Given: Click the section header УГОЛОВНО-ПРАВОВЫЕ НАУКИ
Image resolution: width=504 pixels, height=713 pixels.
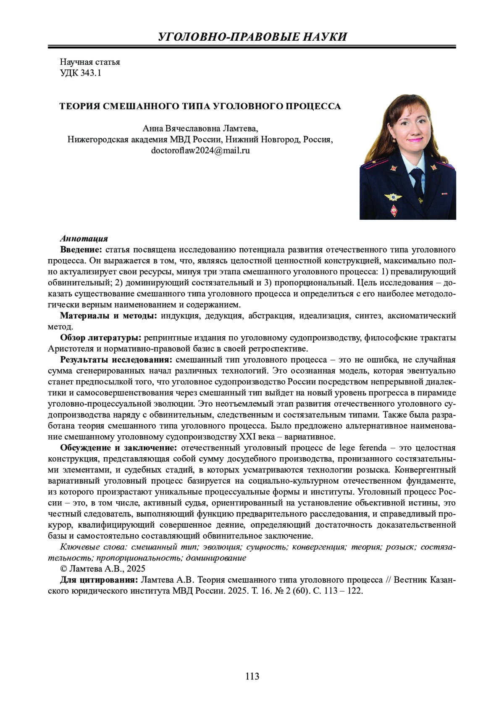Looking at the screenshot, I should tap(252, 37).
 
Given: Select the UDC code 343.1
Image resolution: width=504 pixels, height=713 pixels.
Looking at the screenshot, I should tap(81, 73).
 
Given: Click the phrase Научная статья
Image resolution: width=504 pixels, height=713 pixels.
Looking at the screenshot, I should tap(90, 62).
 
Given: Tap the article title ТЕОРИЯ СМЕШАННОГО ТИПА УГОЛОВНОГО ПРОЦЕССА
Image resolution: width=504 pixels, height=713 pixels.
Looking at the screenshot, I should tap(200, 106).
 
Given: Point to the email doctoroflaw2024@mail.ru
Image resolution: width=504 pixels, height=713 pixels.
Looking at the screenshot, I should tap(200, 150).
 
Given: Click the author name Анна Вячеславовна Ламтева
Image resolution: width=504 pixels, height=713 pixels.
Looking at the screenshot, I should tap(200, 128).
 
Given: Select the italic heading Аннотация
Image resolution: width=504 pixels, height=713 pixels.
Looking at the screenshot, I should tap(84, 239).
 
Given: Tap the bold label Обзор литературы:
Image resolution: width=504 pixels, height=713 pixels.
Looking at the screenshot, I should tap(100, 338).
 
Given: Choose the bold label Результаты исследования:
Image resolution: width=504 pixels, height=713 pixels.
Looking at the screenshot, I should tap(116, 360).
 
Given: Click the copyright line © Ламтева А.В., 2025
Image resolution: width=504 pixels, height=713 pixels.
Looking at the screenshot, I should tap(103, 569).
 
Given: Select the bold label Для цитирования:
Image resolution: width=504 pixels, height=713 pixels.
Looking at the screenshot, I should tap(99, 580).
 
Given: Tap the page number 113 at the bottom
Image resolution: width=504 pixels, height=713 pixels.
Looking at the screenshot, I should tap(252, 676).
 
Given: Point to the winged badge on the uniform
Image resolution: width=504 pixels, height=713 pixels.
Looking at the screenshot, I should tap(394, 196).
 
